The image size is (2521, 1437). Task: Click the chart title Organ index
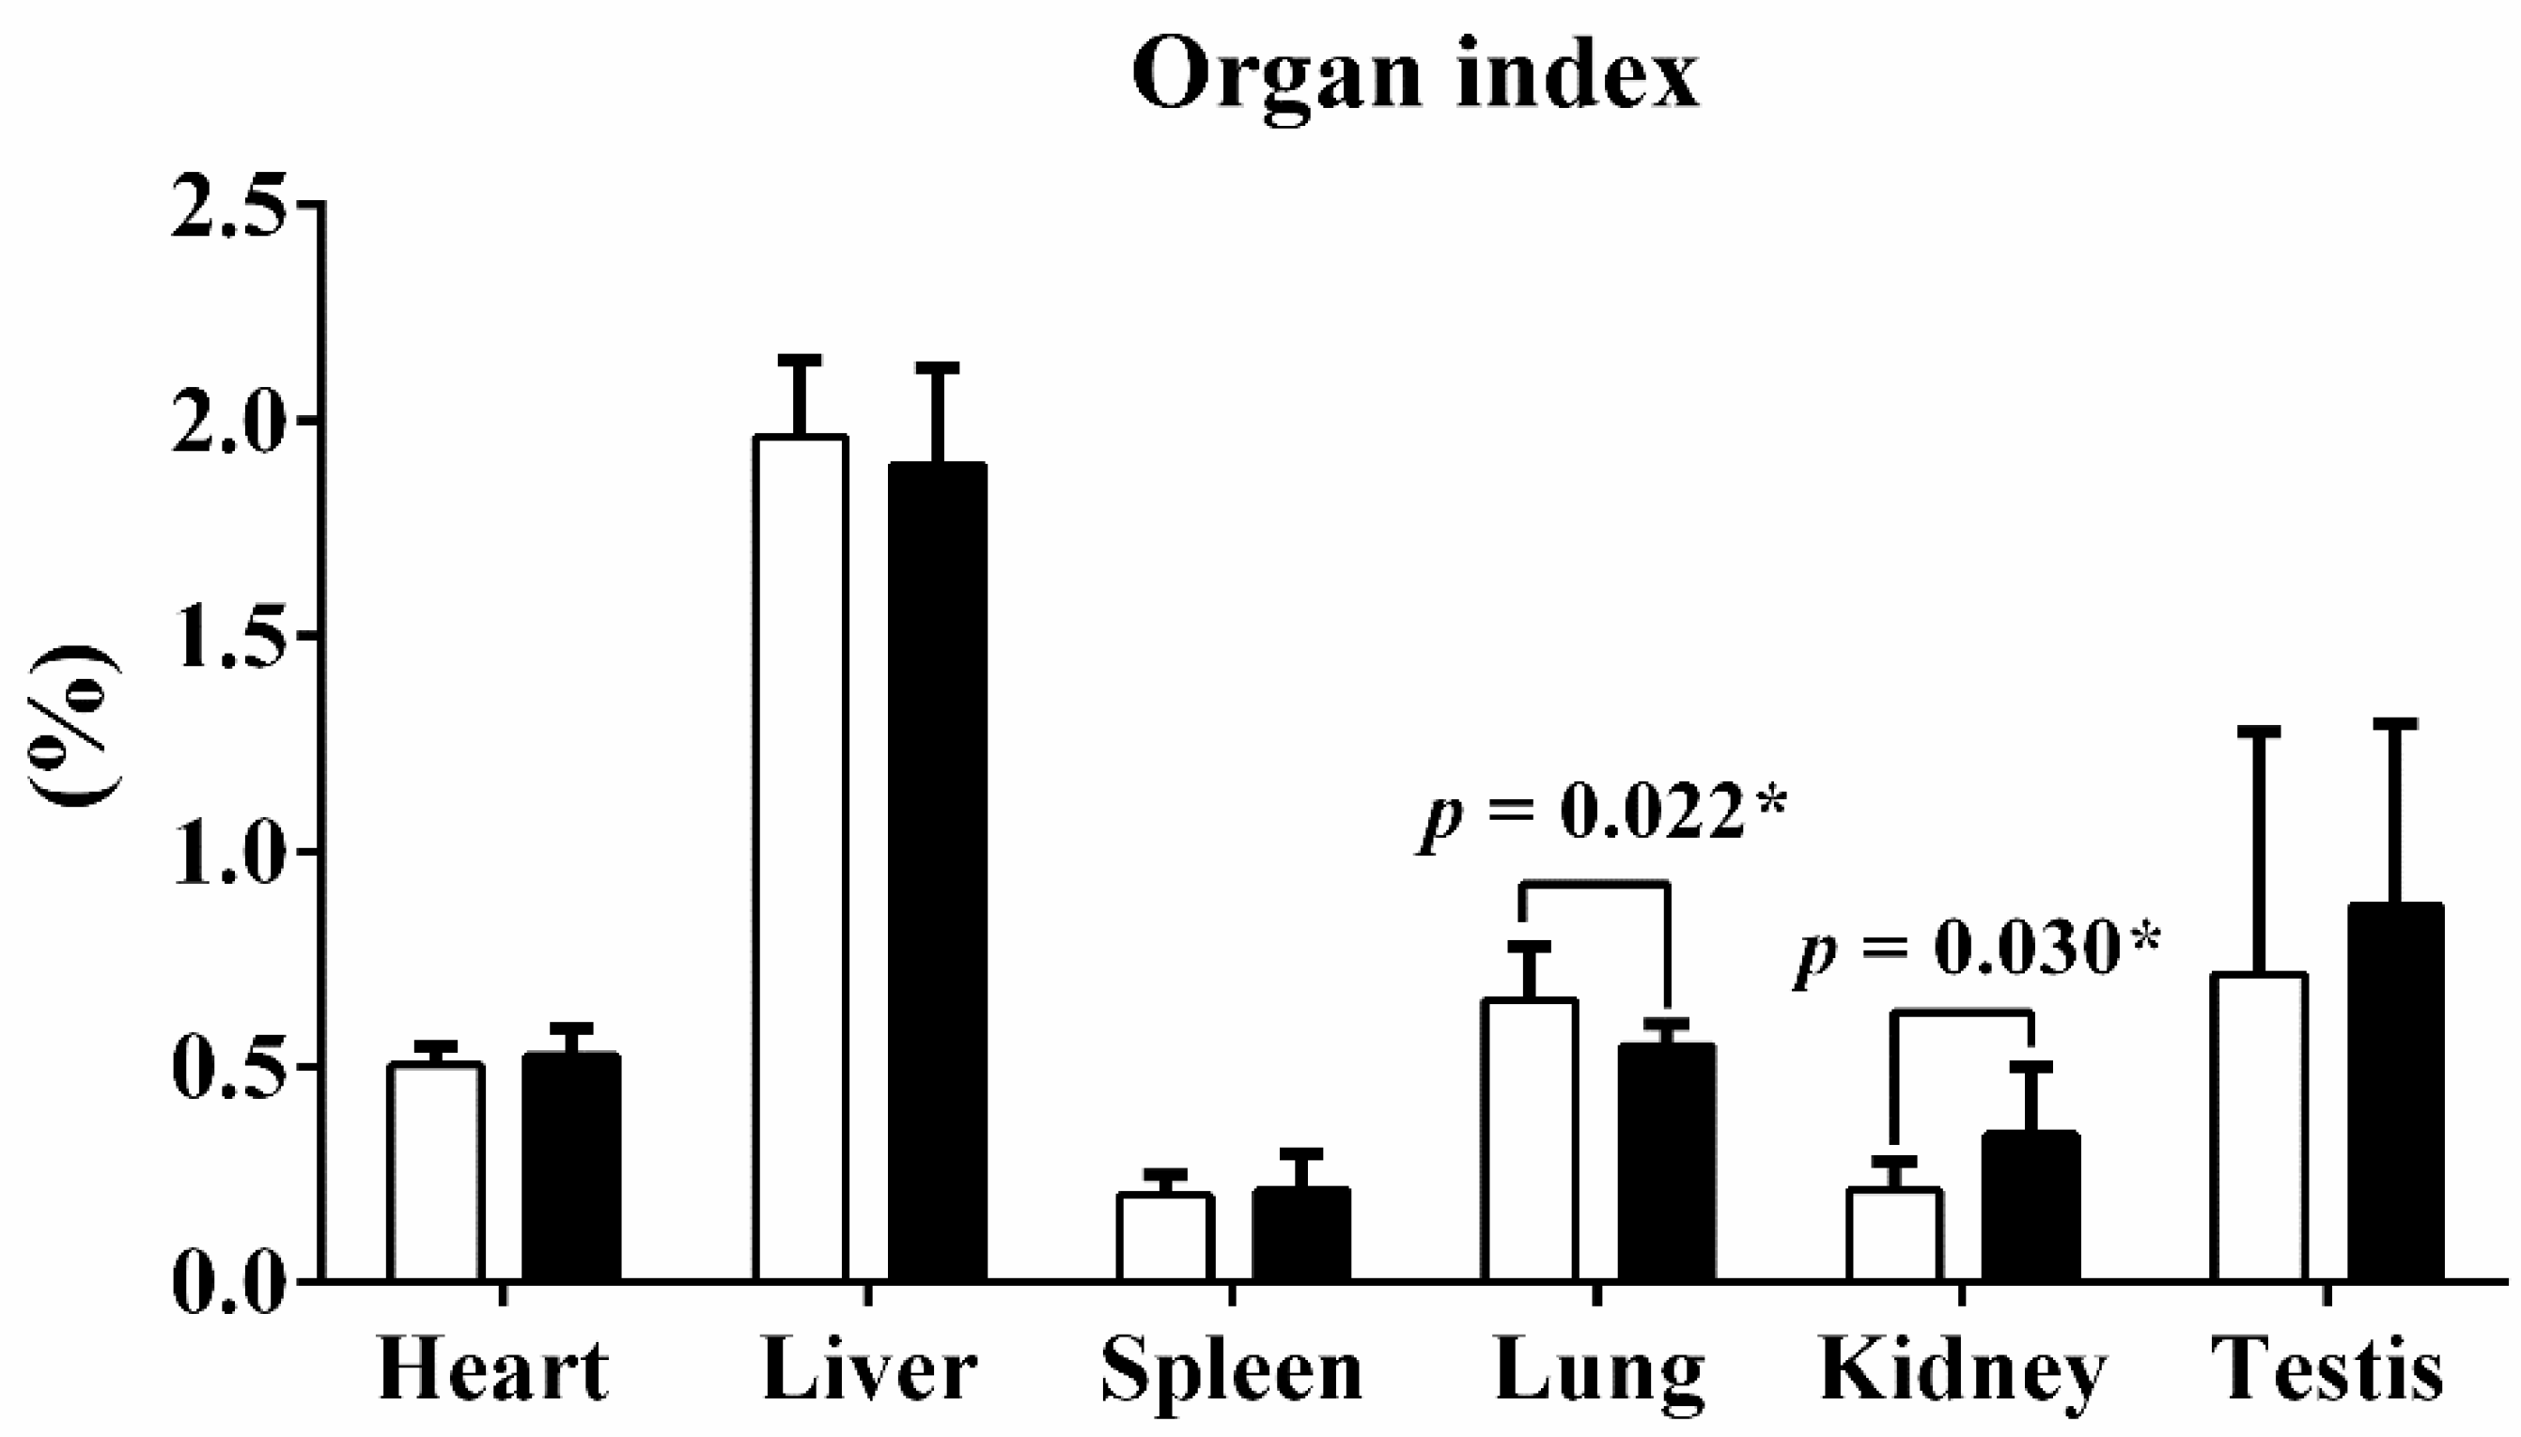pyautogui.click(x=1414, y=77)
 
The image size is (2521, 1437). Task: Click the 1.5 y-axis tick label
pyautogui.click(x=235, y=636)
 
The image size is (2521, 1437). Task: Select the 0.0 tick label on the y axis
pyautogui.click(x=235, y=1282)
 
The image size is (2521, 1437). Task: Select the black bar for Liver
pyautogui.click(x=937, y=873)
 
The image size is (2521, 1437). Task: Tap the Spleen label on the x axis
pyautogui.click(x=1232, y=1370)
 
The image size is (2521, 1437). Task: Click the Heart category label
pyautogui.click(x=492, y=1370)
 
